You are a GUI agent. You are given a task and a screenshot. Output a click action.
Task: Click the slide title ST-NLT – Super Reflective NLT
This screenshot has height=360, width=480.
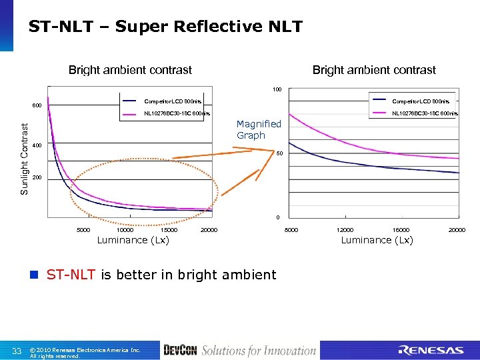pos(165,27)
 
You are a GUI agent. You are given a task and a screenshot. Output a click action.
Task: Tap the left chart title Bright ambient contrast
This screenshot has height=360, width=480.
pos(130,70)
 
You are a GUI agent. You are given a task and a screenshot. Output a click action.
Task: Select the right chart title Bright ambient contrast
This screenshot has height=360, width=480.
pos(374,70)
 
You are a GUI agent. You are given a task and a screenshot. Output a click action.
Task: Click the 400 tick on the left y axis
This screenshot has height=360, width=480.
pos(38,146)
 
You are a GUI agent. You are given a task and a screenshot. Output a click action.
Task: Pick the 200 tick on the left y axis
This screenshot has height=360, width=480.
pos(38,178)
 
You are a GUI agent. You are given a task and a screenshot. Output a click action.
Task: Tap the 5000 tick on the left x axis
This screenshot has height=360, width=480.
pos(83,230)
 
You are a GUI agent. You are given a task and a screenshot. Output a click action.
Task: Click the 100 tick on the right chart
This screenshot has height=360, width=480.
pos(277,89)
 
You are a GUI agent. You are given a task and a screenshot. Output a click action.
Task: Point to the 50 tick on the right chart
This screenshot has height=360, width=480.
pos(281,154)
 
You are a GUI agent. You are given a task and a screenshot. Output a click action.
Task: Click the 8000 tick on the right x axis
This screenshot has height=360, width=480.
pos(292,230)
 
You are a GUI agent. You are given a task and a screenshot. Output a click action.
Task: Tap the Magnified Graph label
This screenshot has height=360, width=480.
pos(259,129)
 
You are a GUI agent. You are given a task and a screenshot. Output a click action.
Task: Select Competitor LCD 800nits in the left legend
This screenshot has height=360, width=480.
pos(173,101)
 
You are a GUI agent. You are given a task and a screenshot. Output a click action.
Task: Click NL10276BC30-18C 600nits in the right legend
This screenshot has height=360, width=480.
pos(425,113)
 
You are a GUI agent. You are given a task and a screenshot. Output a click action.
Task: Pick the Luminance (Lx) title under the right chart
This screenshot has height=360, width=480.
pos(377,240)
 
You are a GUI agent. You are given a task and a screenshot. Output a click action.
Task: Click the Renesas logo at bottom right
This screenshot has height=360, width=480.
pos(431,350)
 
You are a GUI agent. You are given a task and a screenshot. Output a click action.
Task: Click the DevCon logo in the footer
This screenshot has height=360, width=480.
pos(180,350)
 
